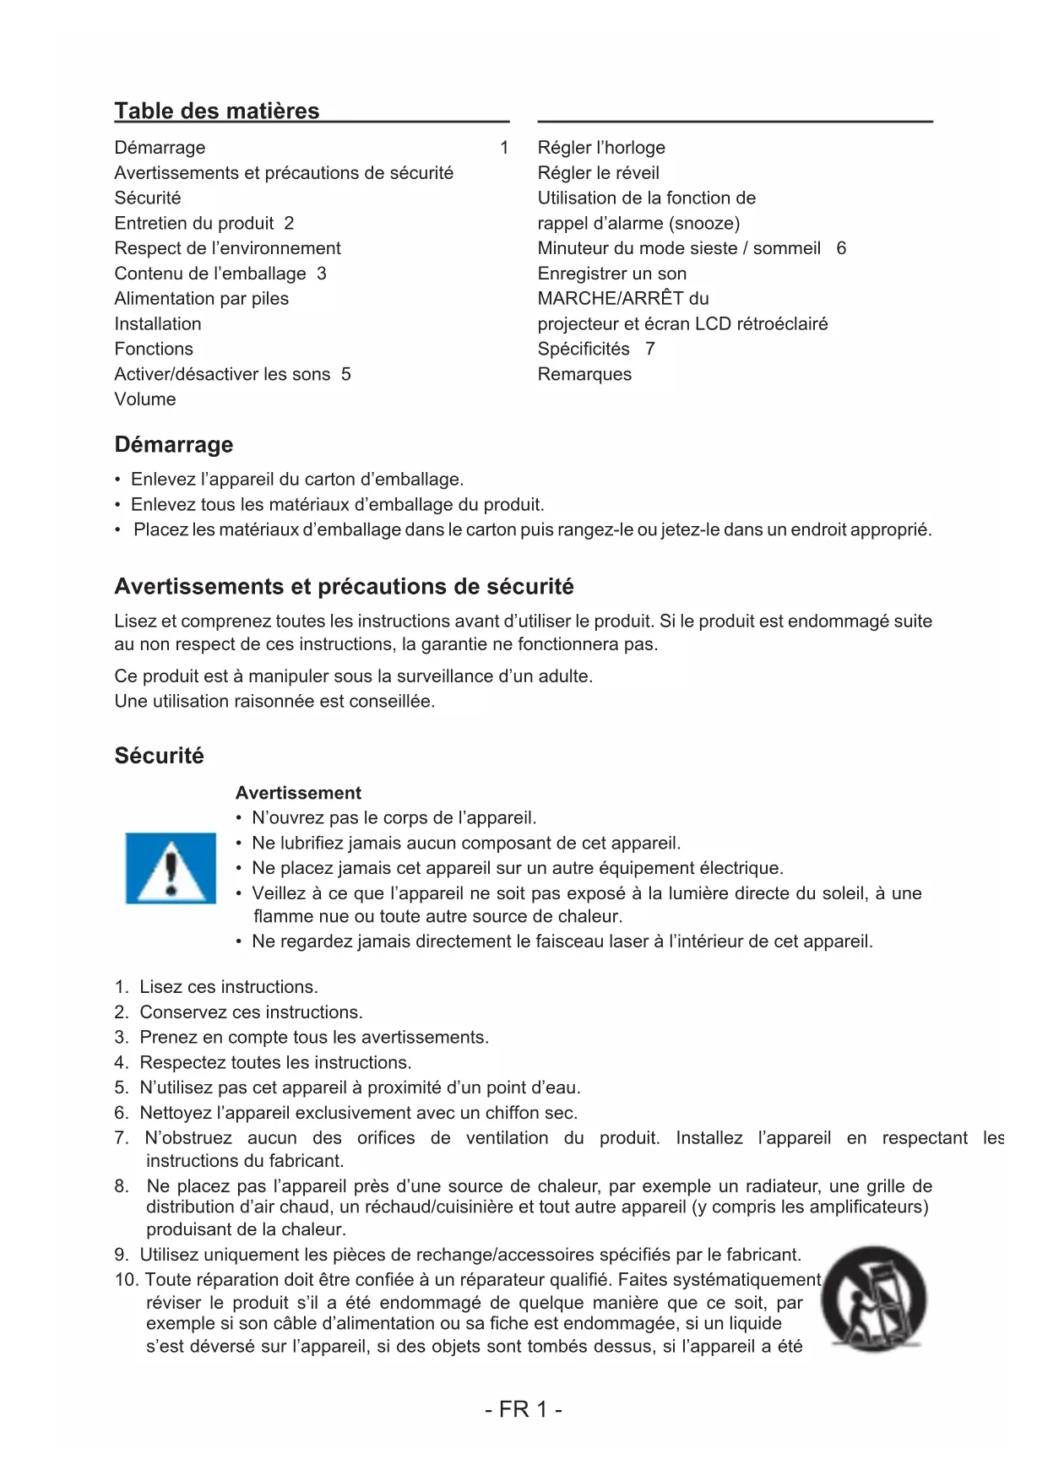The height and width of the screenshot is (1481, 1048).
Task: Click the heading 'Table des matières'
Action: [216, 111]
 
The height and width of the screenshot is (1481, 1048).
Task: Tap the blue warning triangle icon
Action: [171, 868]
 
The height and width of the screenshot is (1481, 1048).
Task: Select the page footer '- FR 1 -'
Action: [524, 1409]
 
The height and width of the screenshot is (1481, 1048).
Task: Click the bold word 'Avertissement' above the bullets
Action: [298, 793]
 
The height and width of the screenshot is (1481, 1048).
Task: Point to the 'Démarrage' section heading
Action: [174, 444]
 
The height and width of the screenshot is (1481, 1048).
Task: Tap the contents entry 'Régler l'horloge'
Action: [601, 148]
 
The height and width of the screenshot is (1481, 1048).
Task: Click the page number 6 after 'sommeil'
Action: [841, 248]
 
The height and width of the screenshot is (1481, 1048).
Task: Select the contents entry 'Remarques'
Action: [584, 374]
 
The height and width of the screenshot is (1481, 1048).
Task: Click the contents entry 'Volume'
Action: [145, 399]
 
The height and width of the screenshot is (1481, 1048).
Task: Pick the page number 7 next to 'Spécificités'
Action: [650, 349]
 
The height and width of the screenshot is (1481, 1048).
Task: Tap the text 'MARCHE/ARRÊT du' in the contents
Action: [623, 298]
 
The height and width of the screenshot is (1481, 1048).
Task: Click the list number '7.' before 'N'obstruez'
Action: [122, 1138]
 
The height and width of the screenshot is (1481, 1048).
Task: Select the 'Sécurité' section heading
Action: [159, 756]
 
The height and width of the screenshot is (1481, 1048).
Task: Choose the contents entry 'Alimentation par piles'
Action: [201, 298]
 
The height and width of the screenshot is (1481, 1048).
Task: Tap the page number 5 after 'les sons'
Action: [346, 374]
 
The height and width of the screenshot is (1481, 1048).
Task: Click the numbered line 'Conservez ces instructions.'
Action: [251, 1012]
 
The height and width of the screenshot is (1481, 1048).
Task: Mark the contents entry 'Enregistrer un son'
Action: [612, 274]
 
